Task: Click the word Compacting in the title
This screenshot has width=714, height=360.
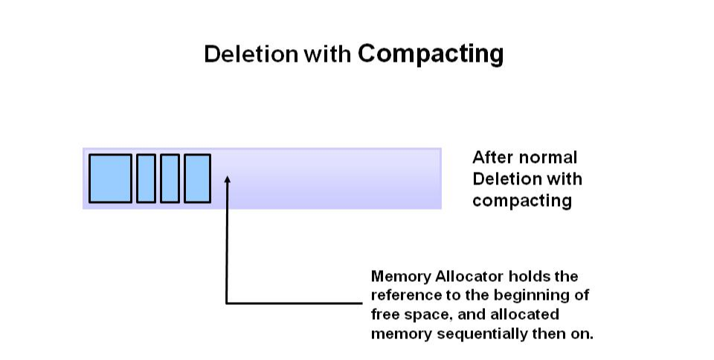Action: [x=431, y=54]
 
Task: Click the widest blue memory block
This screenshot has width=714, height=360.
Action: [x=110, y=179]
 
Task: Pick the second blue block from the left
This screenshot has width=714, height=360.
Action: [x=146, y=179]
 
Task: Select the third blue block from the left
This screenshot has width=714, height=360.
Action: [x=170, y=179]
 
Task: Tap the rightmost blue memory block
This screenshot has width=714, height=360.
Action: [x=197, y=179]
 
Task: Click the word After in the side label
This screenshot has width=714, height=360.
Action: [x=492, y=158]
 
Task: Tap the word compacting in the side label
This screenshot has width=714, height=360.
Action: [x=521, y=201]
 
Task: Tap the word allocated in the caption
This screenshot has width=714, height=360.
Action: [x=527, y=314]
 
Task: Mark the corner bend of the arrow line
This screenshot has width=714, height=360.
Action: [x=227, y=303]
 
